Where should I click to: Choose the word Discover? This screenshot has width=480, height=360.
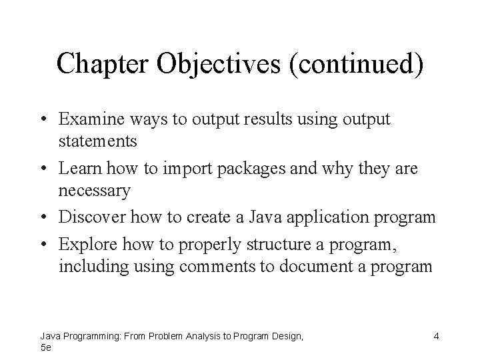point(93,217)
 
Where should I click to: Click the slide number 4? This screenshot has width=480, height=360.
point(435,337)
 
